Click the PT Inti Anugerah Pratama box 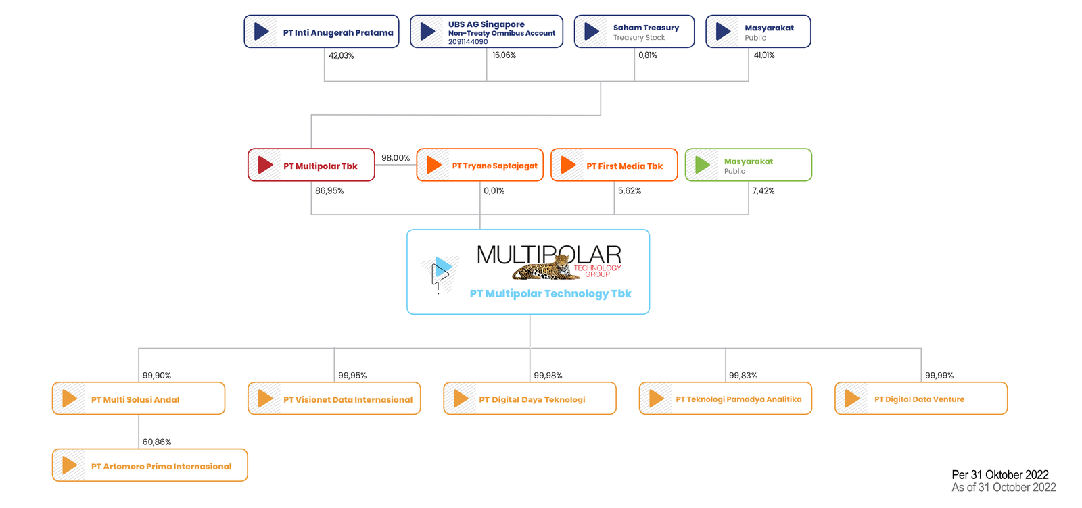321,32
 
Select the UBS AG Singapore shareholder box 486,32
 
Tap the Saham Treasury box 634,32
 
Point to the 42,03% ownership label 341,56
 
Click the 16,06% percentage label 504,55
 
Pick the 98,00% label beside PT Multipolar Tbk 396,158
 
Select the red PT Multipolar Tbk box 311,166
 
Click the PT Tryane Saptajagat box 479,166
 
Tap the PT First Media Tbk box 614,166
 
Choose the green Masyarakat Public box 748,166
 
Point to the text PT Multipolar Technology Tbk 550,294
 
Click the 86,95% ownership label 329,191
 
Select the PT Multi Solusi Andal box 139,399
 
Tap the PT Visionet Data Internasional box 334,399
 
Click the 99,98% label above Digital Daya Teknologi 548,376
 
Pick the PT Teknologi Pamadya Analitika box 725,399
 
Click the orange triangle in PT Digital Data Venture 852,399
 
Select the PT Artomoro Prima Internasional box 150,465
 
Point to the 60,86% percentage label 157,442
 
